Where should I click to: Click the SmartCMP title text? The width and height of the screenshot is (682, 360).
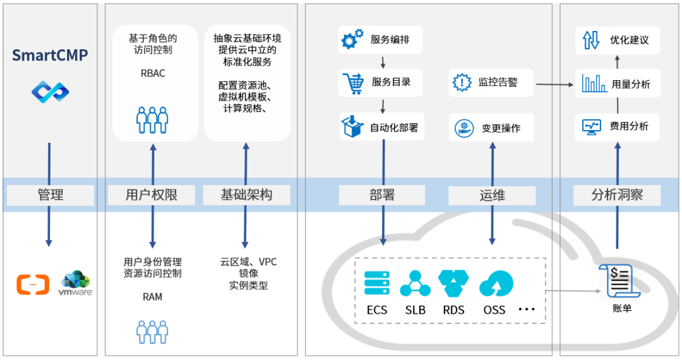[50, 55]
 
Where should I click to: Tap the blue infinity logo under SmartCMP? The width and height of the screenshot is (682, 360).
[50, 92]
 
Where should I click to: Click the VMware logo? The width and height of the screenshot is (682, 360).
[76, 283]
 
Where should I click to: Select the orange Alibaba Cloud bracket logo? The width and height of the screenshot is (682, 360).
[33, 284]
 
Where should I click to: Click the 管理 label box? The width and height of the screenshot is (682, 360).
[51, 195]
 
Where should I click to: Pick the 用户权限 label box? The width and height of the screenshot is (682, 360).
[152, 195]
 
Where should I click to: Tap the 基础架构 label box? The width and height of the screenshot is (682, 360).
[247, 195]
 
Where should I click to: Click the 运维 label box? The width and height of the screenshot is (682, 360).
[492, 196]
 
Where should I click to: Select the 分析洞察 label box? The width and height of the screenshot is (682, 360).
[617, 195]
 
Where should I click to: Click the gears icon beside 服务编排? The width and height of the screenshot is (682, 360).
[352, 39]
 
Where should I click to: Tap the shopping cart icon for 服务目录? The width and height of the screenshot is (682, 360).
[353, 83]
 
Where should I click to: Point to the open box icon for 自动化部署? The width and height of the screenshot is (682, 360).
[352, 126]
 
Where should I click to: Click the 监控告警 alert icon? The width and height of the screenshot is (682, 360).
[462, 82]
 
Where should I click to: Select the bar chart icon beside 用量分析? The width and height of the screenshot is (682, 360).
[594, 83]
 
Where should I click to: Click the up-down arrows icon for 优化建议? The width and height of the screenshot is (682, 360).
[591, 40]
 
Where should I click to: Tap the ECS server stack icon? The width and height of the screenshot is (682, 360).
[377, 283]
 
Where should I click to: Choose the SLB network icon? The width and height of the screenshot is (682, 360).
[416, 283]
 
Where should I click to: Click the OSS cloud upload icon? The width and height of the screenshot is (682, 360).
[496, 283]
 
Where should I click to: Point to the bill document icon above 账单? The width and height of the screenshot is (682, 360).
[619, 281]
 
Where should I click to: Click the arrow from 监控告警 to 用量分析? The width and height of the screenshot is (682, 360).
[555, 85]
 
